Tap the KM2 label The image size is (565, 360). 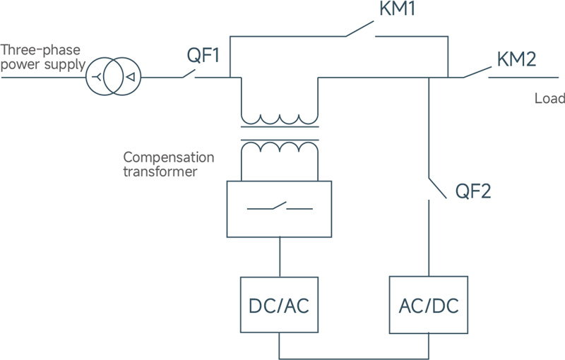tap(516, 59)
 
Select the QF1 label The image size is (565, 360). tap(203, 56)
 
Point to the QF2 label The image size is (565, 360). tap(472, 191)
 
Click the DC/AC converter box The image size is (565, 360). tap(279, 305)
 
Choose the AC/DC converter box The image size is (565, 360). tap(429, 304)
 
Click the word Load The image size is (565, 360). tap(549, 98)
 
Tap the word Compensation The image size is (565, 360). tap(169, 157)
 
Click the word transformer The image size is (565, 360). tap(160, 172)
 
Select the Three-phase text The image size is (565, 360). tap(40, 49)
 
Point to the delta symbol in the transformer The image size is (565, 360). tap(131, 77)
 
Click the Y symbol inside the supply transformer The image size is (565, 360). tap(97, 77)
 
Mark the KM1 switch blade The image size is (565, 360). tap(359, 29)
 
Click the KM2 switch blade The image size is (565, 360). tap(477, 72)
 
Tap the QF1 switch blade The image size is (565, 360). tap(189, 73)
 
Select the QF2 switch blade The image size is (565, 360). tap(437, 188)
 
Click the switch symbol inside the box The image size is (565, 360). tap(280, 206)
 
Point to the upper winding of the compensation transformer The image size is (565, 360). tap(280, 119)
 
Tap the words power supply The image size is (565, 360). tap(43, 65)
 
